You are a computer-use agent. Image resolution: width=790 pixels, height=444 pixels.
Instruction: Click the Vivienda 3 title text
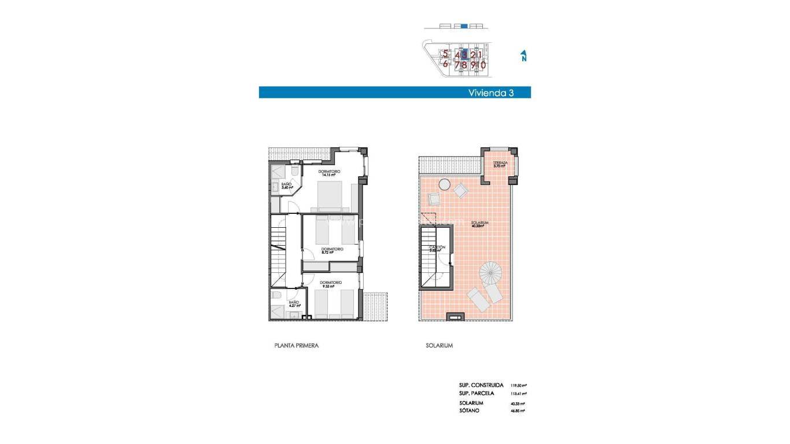tap(490, 92)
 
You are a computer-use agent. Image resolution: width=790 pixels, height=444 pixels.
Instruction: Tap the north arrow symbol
tap(523, 55)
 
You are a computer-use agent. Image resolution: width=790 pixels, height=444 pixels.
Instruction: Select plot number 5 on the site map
tap(445, 54)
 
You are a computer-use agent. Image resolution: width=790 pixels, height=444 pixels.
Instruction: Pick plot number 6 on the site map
tap(445, 64)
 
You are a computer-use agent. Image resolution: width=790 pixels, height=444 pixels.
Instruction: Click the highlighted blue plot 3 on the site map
tap(464, 54)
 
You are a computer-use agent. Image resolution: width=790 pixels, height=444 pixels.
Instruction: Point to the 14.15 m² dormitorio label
tap(329, 173)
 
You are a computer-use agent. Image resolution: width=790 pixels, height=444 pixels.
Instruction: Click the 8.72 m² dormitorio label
tap(332, 250)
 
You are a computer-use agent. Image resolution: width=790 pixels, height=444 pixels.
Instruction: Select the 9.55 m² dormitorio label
tap(331, 284)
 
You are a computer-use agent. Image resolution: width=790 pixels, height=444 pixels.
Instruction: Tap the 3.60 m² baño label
tap(287, 186)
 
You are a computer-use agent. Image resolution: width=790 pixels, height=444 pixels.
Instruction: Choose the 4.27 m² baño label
tap(294, 304)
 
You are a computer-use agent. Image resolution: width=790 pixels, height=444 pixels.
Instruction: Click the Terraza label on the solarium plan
tap(500, 165)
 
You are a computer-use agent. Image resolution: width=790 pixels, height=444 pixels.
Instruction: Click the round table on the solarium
tap(444, 184)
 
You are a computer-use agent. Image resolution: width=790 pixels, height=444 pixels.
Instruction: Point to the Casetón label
tap(437, 249)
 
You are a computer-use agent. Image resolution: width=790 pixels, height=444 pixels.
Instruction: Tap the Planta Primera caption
tap(296, 346)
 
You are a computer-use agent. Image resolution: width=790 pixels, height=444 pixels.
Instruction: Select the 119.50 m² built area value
tap(518, 385)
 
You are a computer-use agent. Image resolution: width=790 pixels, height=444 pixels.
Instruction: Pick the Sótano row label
tap(469, 410)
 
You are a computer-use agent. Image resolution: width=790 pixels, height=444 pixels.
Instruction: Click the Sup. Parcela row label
tap(477, 393)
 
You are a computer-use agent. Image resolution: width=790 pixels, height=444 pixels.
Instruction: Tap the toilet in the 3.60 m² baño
tap(295, 172)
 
